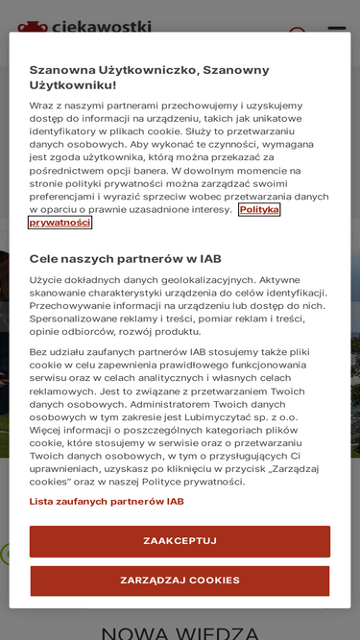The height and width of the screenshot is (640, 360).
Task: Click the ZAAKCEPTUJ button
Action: click(180, 541)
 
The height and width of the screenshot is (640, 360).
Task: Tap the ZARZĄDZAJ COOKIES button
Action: click(180, 581)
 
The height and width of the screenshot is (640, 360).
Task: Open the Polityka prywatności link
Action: click(60, 222)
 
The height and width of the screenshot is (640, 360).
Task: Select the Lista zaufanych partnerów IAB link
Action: click(107, 501)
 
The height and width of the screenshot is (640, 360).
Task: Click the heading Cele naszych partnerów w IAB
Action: click(126, 258)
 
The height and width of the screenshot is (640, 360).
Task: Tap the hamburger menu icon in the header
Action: click(336, 29)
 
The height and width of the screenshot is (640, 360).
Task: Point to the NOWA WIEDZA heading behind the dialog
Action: click(180, 632)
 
